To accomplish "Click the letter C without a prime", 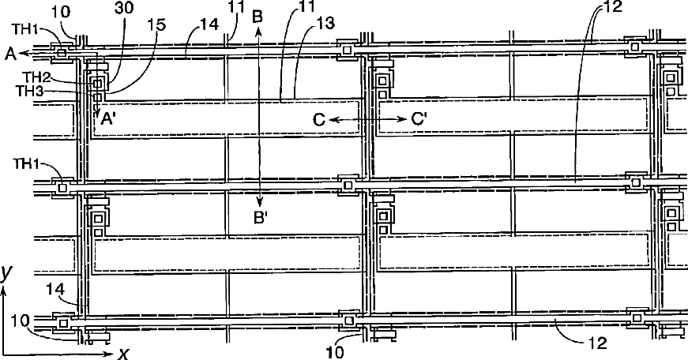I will point(319,119).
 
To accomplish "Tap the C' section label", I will point(420,119).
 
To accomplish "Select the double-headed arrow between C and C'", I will point(368,119).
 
